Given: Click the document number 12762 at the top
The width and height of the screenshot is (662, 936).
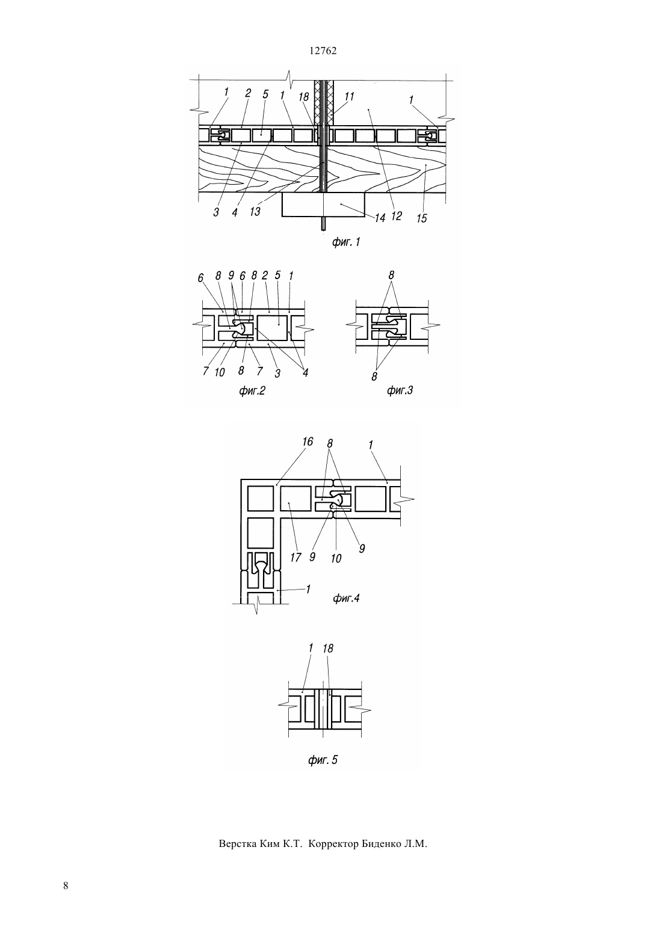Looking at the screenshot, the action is click(323, 51).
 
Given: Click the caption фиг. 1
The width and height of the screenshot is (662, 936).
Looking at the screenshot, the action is click(346, 242).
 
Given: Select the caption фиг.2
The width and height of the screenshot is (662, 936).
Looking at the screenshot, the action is click(252, 390).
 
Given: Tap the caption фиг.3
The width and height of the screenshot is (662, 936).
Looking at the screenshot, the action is click(400, 390).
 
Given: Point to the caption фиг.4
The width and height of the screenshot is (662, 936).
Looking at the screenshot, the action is click(346, 599).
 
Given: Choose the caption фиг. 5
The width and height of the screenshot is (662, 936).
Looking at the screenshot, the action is click(323, 760).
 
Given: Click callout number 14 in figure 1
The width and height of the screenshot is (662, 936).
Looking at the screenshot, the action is click(380, 218).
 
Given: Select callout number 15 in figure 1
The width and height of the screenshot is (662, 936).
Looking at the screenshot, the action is click(422, 218).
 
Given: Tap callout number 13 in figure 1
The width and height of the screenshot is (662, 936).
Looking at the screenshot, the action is click(255, 212).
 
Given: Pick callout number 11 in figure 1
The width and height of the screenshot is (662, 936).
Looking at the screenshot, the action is click(349, 96).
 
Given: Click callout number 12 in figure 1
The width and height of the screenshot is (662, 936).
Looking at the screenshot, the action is click(396, 215).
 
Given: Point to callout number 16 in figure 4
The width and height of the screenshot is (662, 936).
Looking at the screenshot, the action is click(307, 442).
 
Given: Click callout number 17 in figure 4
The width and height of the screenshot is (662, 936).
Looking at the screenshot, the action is click(295, 558).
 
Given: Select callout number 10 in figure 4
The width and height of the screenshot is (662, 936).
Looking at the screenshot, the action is click(336, 559).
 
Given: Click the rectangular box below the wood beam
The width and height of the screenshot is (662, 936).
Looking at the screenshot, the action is click(324, 205).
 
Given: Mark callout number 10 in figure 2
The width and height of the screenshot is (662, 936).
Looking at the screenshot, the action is click(220, 372).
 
